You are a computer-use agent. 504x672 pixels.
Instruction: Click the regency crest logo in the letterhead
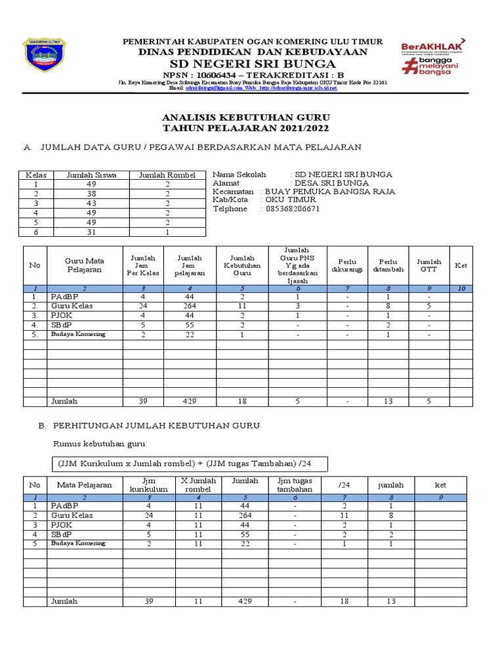[45, 57]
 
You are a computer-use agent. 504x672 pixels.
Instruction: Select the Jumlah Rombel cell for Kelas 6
[167, 232]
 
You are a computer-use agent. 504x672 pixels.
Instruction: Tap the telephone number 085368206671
[292, 209]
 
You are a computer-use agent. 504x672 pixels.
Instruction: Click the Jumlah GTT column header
[429, 266]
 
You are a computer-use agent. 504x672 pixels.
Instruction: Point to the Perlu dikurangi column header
[347, 266]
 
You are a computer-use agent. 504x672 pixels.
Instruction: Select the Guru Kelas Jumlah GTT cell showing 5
[429, 306]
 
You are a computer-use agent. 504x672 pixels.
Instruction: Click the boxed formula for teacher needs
[184, 464]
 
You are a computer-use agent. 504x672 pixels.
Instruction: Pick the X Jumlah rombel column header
[198, 485]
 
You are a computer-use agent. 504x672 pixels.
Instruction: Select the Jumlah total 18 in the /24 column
[344, 601]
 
